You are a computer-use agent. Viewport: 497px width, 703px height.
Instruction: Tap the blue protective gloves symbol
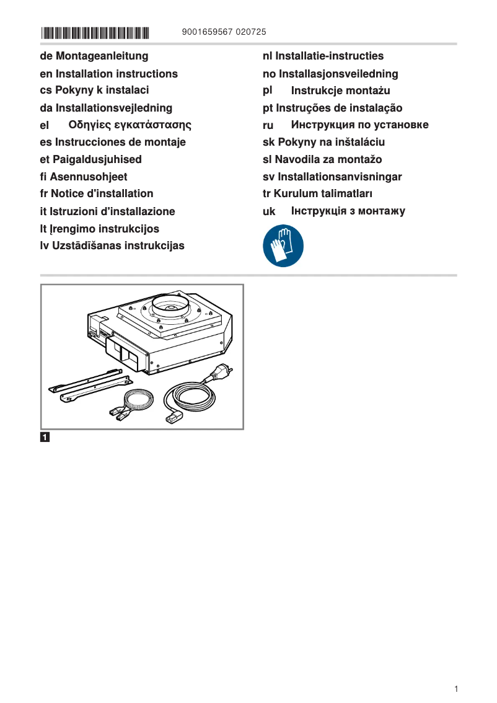283,245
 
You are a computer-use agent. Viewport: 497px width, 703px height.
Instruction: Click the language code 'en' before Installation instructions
45,74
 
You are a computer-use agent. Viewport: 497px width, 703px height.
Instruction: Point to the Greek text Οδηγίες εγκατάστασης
130,125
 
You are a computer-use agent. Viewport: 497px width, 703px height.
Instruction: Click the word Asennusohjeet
88,177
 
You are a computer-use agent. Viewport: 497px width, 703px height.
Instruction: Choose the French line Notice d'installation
97,193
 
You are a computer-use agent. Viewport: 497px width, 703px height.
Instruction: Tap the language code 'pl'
268,91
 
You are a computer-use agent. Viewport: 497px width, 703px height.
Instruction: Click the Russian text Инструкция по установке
359,125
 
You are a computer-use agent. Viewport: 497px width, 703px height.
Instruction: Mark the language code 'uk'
269,211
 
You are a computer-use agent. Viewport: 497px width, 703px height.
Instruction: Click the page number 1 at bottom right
456,689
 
